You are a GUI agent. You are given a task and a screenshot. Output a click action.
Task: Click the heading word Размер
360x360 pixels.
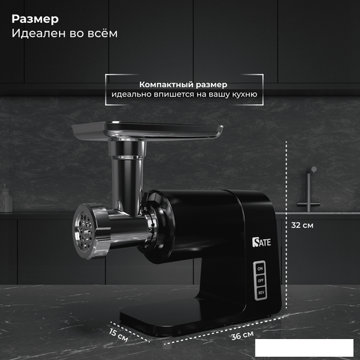click(x=35, y=19)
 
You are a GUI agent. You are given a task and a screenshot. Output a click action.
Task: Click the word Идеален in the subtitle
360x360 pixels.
click(x=39, y=33)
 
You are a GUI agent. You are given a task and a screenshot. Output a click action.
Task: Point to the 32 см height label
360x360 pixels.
click(x=302, y=225)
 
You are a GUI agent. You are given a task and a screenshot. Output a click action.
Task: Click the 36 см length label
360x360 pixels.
click(x=242, y=335)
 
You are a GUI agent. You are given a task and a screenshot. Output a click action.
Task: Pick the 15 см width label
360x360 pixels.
click(x=118, y=335)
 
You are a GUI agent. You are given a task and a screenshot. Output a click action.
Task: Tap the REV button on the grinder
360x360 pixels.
click(x=261, y=293)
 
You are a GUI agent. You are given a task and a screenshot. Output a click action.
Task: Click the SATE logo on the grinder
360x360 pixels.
click(x=262, y=242)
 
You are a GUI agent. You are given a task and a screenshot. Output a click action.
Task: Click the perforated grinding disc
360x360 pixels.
click(x=84, y=231)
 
